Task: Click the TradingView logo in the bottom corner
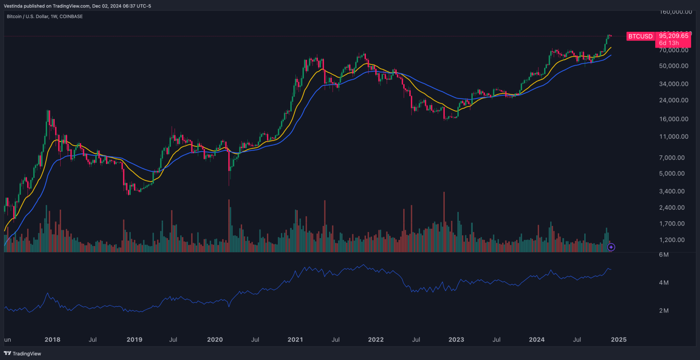pos(22,353)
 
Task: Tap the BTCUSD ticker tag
pos(640,36)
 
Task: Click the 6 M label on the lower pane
pos(664,255)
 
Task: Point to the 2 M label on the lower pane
pos(664,311)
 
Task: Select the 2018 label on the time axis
pos(52,339)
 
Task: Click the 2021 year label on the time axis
pos(295,339)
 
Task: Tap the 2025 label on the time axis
pos(619,339)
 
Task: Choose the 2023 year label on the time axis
pos(457,339)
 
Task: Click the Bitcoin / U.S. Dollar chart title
pos(44,16)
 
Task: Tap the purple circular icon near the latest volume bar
pos(611,247)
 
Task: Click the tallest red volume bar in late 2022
pos(444,222)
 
